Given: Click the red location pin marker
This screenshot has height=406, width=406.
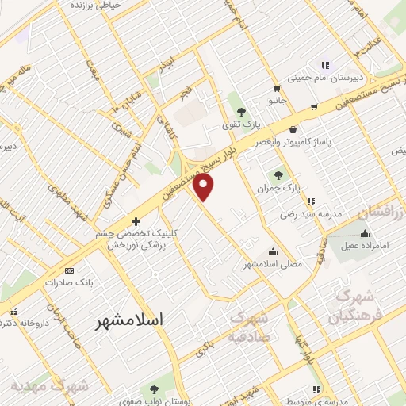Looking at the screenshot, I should pyautogui.click(x=205, y=186).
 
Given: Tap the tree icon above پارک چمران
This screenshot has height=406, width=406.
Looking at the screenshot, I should pyautogui.click(x=278, y=174).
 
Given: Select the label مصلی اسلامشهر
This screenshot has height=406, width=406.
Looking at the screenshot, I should pyautogui.click(x=274, y=263).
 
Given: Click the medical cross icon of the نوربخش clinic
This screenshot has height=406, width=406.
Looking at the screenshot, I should pyautogui.click(x=136, y=221).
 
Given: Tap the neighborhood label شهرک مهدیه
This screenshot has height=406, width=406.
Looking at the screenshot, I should pyautogui.click(x=48, y=385).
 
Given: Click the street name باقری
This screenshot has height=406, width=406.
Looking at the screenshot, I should pyautogui.click(x=205, y=347).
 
